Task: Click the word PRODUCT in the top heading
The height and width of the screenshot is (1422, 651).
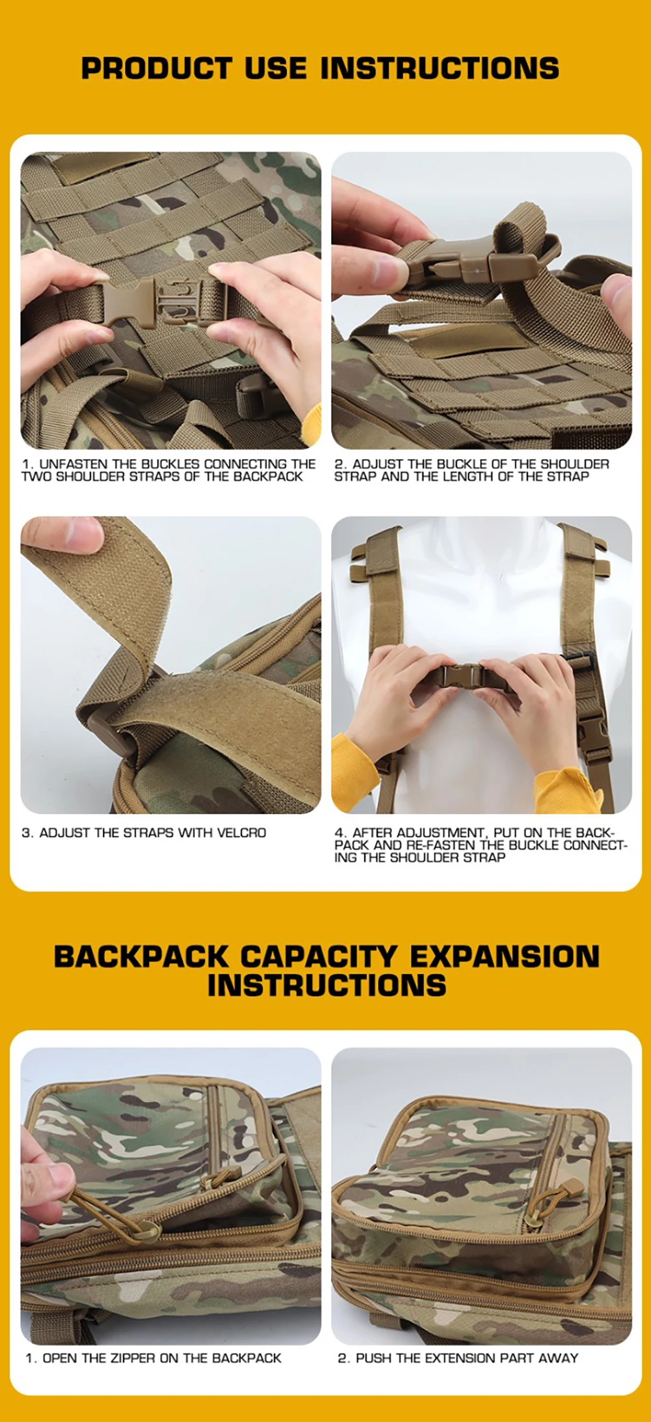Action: [156, 68]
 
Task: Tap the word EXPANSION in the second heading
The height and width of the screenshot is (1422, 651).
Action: [505, 956]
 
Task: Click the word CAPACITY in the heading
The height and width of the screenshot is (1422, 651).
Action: [318, 956]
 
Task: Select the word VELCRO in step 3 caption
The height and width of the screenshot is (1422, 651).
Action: [242, 832]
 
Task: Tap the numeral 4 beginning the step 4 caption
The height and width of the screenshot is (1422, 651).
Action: [339, 832]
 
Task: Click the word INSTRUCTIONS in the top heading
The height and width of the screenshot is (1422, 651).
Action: [439, 68]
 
